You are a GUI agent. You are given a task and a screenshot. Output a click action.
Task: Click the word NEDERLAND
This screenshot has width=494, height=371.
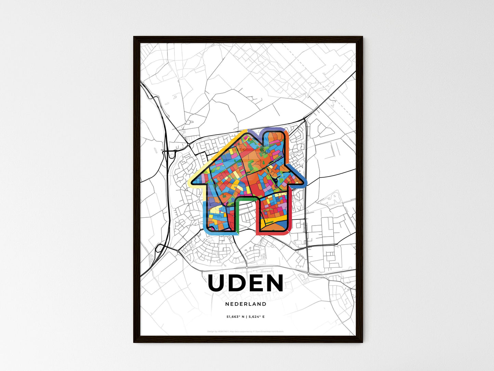coord(246,304)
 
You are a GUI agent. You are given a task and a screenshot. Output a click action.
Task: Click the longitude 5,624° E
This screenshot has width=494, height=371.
coord(256,317)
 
